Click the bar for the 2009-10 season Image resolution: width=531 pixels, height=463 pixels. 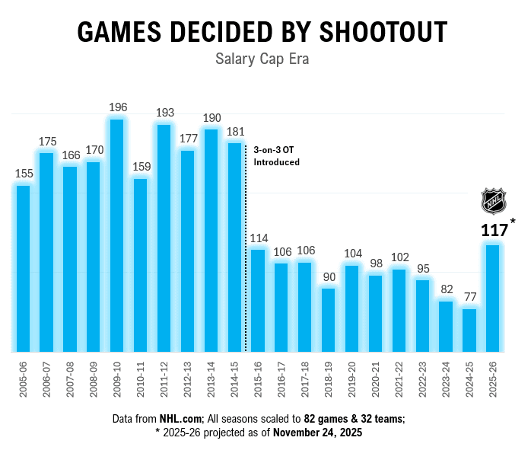tap(117, 236)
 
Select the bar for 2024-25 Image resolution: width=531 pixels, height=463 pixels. tap(470, 330)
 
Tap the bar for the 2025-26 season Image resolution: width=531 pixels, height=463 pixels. tap(493, 299)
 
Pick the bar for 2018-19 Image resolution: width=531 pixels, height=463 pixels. tap(329, 320)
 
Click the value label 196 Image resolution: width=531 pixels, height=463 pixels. tap(117, 107)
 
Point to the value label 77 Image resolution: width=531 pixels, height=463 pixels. tap(470, 298)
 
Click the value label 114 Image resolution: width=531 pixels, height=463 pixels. tap(259, 238)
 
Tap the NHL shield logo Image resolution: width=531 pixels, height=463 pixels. tap(493, 202)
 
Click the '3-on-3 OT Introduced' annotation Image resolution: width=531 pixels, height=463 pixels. tap(276, 156)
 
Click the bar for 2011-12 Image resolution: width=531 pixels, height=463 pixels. tap(164, 238)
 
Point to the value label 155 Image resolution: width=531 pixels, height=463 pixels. tap(24, 174)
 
